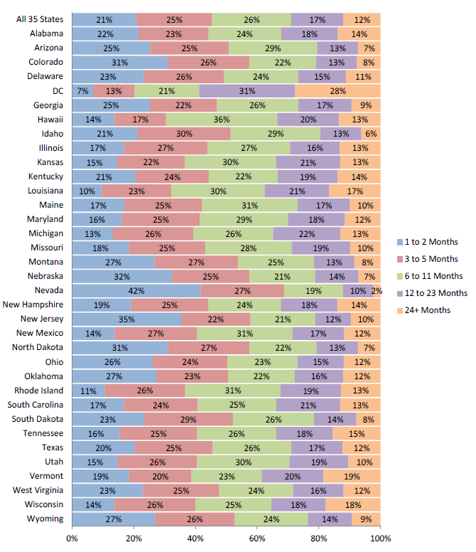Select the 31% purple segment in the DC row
click(x=247, y=90)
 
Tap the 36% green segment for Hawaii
click(x=221, y=119)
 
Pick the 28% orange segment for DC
click(x=337, y=90)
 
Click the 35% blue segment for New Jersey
click(x=126, y=319)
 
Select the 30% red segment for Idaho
click(x=184, y=133)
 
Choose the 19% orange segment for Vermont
click(x=352, y=476)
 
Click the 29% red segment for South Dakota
click(x=188, y=419)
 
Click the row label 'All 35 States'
click(x=40, y=19)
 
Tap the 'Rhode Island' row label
click(x=41, y=390)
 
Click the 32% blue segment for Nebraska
click(x=121, y=276)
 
